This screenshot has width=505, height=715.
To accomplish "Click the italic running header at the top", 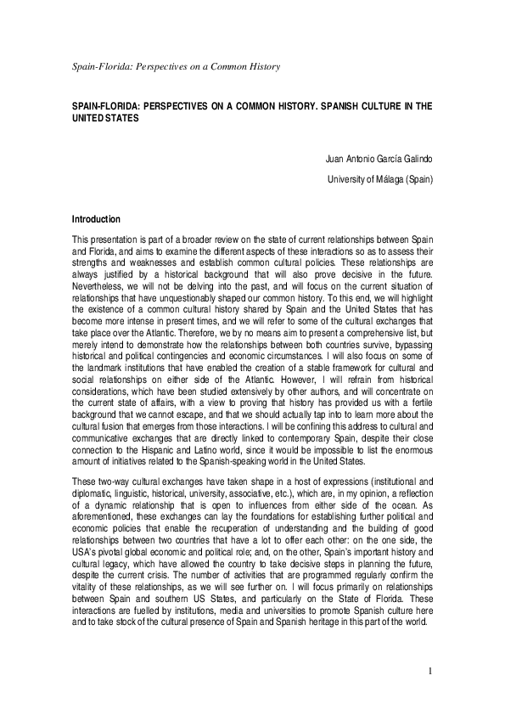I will click(176, 65).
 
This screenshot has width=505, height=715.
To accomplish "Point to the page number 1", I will click(430, 673).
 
